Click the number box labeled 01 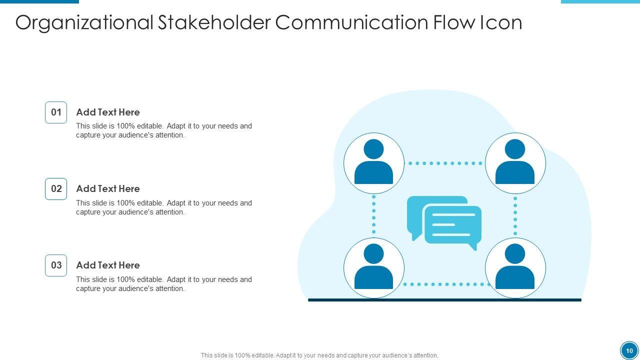(x=56, y=112)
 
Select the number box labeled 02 (x=56, y=189)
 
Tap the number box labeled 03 (x=56, y=265)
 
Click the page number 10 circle (x=629, y=350)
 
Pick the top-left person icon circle (x=374, y=163)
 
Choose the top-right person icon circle (x=515, y=163)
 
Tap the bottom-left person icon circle (x=374, y=268)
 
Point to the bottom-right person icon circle (x=515, y=268)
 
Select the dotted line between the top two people (x=444, y=163)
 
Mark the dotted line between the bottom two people (x=444, y=284)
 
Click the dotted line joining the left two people (x=374, y=215)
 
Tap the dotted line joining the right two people (x=515, y=215)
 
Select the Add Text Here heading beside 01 (x=108, y=112)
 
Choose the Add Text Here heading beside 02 (x=108, y=188)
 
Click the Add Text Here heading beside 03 (x=108, y=265)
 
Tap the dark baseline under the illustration (x=444, y=300)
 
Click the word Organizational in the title (x=84, y=22)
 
